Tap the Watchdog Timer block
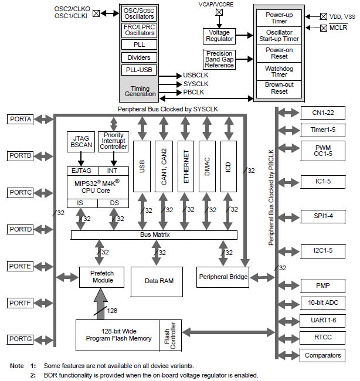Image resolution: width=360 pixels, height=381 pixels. pyautogui.click(x=279, y=72)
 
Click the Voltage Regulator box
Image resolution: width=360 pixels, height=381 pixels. pyautogui.click(x=219, y=36)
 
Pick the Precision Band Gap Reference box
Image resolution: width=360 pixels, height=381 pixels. pyautogui.click(x=219, y=60)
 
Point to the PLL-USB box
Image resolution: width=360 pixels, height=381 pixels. pyautogui.click(x=139, y=70)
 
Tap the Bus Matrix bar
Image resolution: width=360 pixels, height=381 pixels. pyautogui.click(x=154, y=234)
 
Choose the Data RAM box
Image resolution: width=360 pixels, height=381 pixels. pyautogui.click(x=159, y=281)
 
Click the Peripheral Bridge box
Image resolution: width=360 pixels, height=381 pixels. pyautogui.click(x=223, y=277)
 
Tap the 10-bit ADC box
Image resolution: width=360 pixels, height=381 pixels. pyautogui.click(x=322, y=304)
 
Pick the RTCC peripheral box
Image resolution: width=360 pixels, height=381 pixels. pyautogui.click(x=322, y=338)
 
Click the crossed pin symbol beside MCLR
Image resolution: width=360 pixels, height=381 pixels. pyautogui.click(x=324, y=28)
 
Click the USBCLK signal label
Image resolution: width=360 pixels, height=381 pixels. pyautogui.click(x=196, y=75)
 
